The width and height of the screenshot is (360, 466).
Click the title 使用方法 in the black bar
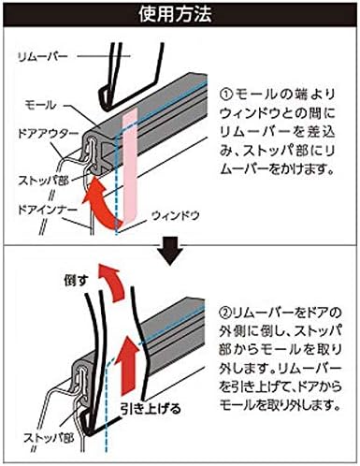tap(180, 14)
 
